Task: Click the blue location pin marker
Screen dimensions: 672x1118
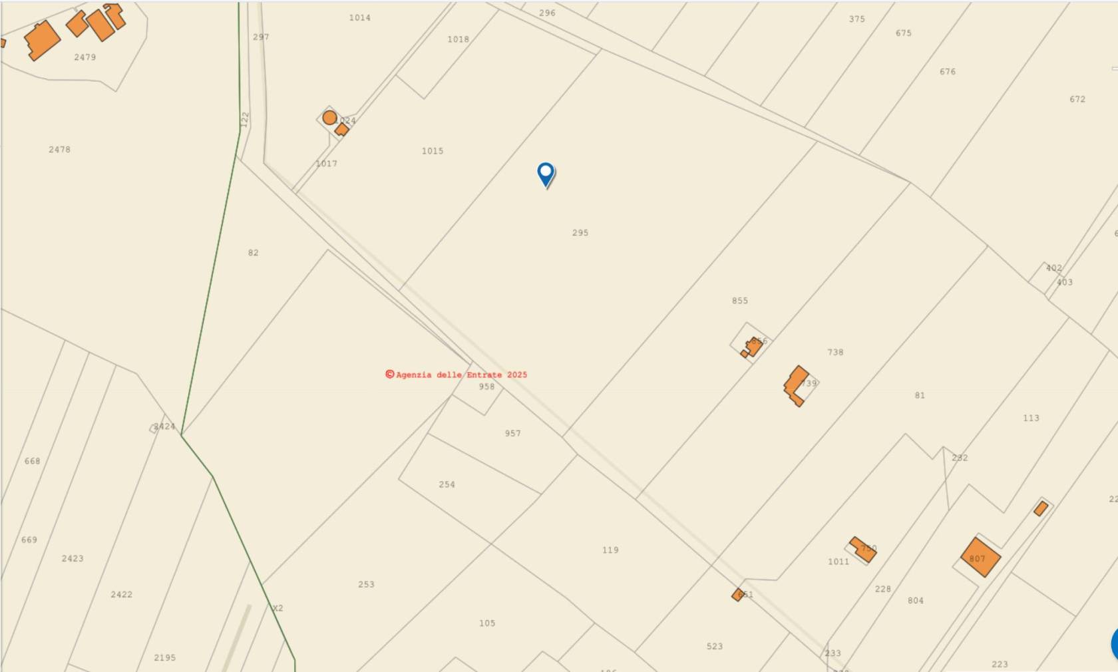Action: [x=546, y=174]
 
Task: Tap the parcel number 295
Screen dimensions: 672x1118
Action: [x=580, y=233]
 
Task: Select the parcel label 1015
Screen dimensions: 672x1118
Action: [x=433, y=151]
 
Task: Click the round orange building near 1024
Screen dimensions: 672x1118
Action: [x=329, y=118]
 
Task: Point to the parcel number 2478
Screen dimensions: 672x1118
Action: [x=59, y=150]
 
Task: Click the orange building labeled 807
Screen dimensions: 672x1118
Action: [x=980, y=557]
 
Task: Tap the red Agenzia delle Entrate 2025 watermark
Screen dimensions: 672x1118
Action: [x=457, y=375]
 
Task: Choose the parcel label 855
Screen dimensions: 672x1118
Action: [x=740, y=301]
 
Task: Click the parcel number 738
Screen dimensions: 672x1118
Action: [x=835, y=352]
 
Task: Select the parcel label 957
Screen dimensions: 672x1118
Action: [x=512, y=433]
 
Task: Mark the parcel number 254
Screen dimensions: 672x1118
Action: [x=447, y=484]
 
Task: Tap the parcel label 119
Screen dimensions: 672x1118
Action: [x=610, y=550]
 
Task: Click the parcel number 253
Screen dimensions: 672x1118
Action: [x=366, y=584]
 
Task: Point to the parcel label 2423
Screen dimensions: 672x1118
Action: [x=73, y=558]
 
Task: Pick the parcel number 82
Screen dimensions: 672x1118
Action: [x=253, y=253]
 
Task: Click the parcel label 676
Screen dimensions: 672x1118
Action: [x=948, y=72]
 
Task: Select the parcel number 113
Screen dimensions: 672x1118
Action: [x=1031, y=418]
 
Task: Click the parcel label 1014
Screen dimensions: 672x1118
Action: [x=360, y=18]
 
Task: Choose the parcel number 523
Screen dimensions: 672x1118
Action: [x=715, y=646]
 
